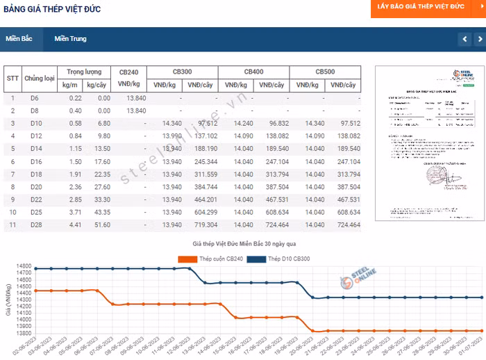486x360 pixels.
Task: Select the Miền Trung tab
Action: coord(71,39)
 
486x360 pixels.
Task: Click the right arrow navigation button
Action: coord(478,40)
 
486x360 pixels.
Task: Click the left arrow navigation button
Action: coord(464,40)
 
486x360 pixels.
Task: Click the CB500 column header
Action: coord(325,72)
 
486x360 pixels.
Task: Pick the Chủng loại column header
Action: coord(40,78)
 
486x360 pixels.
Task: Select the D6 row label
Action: coord(35,98)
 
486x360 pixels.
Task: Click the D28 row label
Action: coord(36,225)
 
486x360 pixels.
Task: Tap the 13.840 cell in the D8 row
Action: coord(136,111)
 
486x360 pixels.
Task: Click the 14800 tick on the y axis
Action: coord(24,266)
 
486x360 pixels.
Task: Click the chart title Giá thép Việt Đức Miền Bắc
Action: coord(244,245)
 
